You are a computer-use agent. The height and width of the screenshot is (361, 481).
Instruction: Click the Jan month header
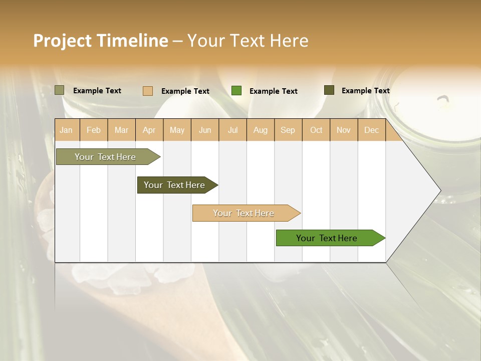pos(66,130)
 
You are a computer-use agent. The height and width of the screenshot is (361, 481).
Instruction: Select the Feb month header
pos(94,130)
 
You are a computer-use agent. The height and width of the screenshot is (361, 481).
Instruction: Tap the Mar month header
pos(121,130)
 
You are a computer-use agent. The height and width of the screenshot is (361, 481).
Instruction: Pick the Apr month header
pos(149,130)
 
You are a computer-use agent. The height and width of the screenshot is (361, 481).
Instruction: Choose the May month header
pos(177,130)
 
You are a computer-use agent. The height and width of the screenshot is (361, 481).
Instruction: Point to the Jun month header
pos(205,130)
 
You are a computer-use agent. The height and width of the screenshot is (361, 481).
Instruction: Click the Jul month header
pos(232,130)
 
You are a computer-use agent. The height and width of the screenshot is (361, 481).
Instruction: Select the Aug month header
pos(261,130)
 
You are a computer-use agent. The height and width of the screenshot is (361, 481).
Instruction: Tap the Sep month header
pos(288,130)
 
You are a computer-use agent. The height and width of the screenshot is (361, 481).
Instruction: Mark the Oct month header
pos(316,130)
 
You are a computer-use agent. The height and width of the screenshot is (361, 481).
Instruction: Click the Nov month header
pos(344,130)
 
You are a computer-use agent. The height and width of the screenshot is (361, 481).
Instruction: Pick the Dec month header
pos(371,130)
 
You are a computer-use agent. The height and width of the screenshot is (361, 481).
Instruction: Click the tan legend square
pos(148,91)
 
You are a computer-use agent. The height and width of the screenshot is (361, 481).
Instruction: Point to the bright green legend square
pos(236,91)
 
